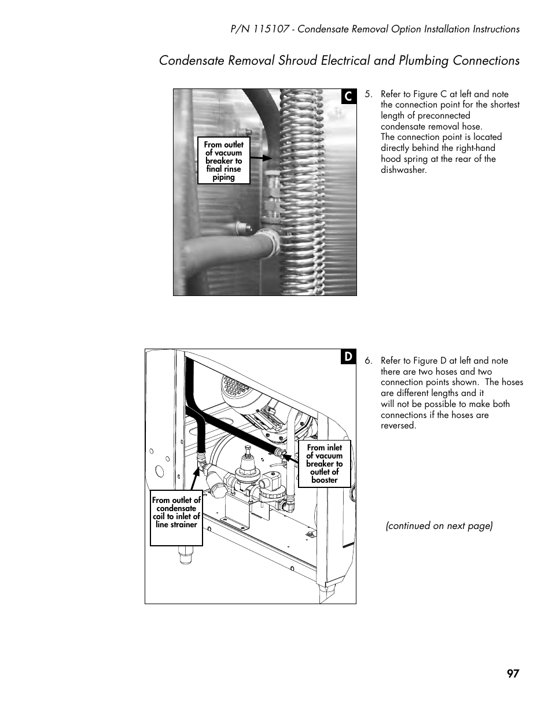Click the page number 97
(x=513, y=674)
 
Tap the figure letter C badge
(x=348, y=97)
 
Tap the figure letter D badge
(x=348, y=357)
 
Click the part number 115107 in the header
(x=269, y=29)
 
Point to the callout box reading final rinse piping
(x=224, y=161)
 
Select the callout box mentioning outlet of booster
(x=324, y=464)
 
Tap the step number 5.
(x=368, y=94)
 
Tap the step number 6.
(x=368, y=361)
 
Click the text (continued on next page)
(x=439, y=526)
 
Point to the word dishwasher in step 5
(x=403, y=170)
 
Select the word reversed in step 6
(x=398, y=426)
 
